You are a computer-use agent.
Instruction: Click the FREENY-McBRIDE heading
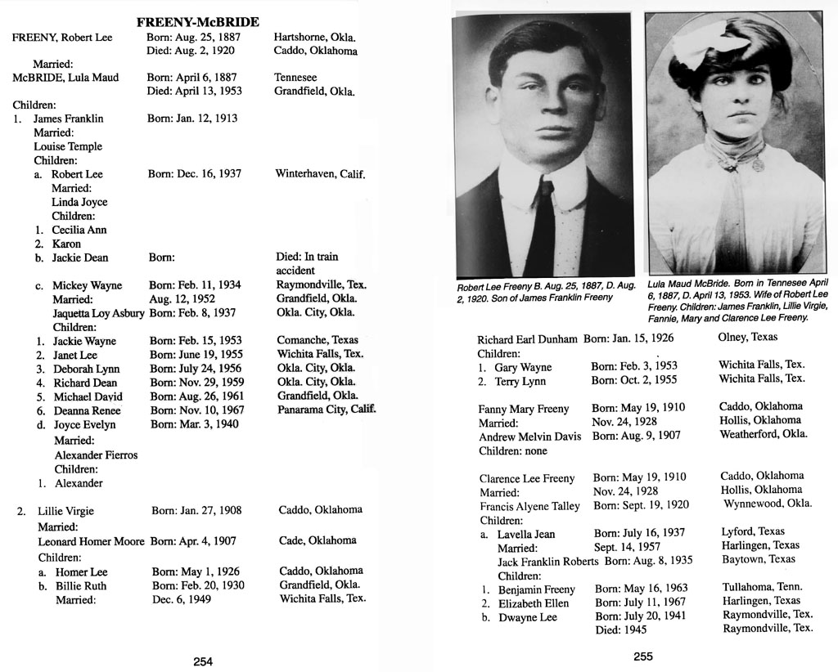pyautogui.click(x=197, y=22)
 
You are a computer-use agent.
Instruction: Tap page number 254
pyautogui.click(x=203, y=662)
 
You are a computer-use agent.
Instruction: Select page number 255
pyautogui.click(x=643, y=656)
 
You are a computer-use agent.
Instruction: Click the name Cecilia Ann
pyautogui.click(x=79, y=230)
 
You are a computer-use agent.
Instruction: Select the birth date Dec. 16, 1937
pyautogui.click(x=195, y=174)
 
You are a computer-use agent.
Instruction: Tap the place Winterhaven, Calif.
pyautogui.click(x=319, y=174)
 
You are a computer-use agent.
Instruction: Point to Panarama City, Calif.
pyautogui.click(x=326, y=410)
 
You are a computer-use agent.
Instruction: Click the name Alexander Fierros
pyautogui.click(x=96, y=455)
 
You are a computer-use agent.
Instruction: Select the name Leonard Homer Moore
pyautogui.click(x=91, y=541)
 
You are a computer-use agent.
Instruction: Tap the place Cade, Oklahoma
pyautogui.click(x=318, y=540)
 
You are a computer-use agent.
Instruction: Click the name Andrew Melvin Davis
pyautogui.click(x=529, y=437)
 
